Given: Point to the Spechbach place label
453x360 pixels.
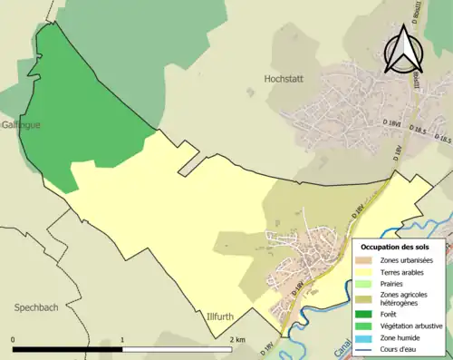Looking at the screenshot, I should click(36, 307).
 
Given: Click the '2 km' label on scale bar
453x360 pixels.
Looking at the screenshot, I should click(237, 339).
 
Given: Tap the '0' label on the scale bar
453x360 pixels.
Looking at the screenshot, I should click(14, 339).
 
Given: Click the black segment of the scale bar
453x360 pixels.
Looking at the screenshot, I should click(68, 349).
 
